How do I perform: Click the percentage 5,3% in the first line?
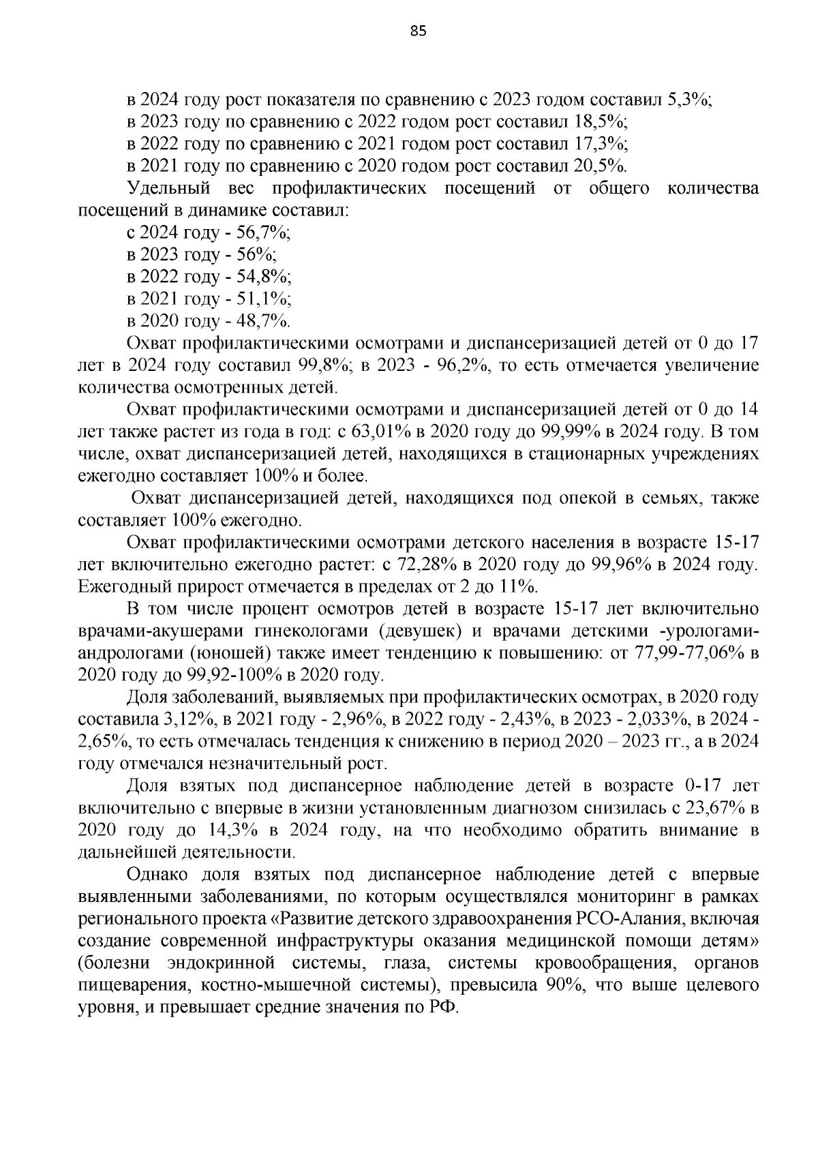point(688,100)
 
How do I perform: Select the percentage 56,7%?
point(262,232)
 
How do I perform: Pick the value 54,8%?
point(263,277)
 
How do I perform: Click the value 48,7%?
point(262,321)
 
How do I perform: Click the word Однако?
point(157,875)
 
